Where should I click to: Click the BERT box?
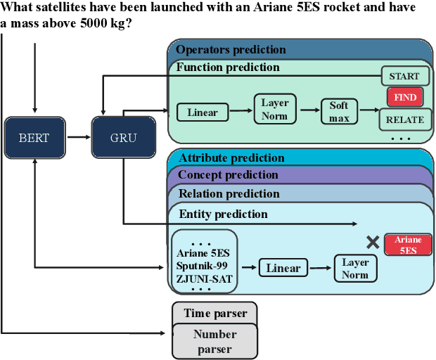click(34, 137)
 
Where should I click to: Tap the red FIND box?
click(404, 97)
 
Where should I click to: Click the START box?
click(404, 76)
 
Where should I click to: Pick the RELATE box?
click(404, 120)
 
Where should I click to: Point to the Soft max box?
click(339, 112)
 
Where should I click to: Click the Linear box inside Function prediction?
click(203, 112)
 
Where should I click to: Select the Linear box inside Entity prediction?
click(283, 268)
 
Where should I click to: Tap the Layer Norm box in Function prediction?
click(275, 110)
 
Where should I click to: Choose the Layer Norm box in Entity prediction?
click(355, 268)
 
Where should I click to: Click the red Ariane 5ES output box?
click(408, 245)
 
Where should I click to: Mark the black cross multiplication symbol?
click(373, 243)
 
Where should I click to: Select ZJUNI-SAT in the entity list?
click(203, 278)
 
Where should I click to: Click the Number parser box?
click(214, 342)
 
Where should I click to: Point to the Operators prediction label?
click(231, 50)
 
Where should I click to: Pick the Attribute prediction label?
click(231, 158)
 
